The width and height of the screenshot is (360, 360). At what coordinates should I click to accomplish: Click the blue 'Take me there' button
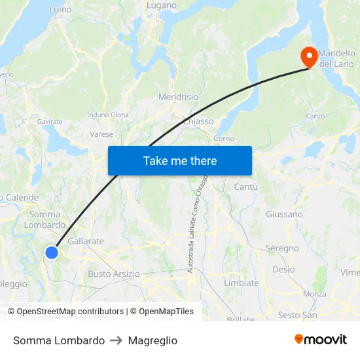pos(180,160)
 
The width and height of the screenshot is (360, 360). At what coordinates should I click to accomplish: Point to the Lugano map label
pos(161,5)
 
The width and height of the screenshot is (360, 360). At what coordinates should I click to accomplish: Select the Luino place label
pos(60,10)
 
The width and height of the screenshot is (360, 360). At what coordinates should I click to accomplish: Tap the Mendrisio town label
pos(178,97)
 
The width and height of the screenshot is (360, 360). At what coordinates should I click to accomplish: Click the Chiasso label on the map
pos(198,121)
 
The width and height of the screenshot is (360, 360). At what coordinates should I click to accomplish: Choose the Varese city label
pos(101,134)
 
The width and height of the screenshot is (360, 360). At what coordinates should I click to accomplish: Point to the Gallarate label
pos(86,241)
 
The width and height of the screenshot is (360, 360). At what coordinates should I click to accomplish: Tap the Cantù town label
pos(245,187)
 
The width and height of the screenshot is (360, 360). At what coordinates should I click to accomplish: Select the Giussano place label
pos(284,214)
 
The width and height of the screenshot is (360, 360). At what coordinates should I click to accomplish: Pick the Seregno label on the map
pos(282,248)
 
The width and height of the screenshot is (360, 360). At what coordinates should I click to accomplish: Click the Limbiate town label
pos(242,283)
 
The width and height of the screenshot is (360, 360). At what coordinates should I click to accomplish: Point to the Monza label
pos(315,294)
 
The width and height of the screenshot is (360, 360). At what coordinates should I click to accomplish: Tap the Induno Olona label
pos(108,115)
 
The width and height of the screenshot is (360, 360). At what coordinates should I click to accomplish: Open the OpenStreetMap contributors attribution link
pos(70,312)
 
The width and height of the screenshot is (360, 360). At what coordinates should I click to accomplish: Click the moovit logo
pos(320,340)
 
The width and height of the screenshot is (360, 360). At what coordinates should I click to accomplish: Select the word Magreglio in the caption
pos(153,340)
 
